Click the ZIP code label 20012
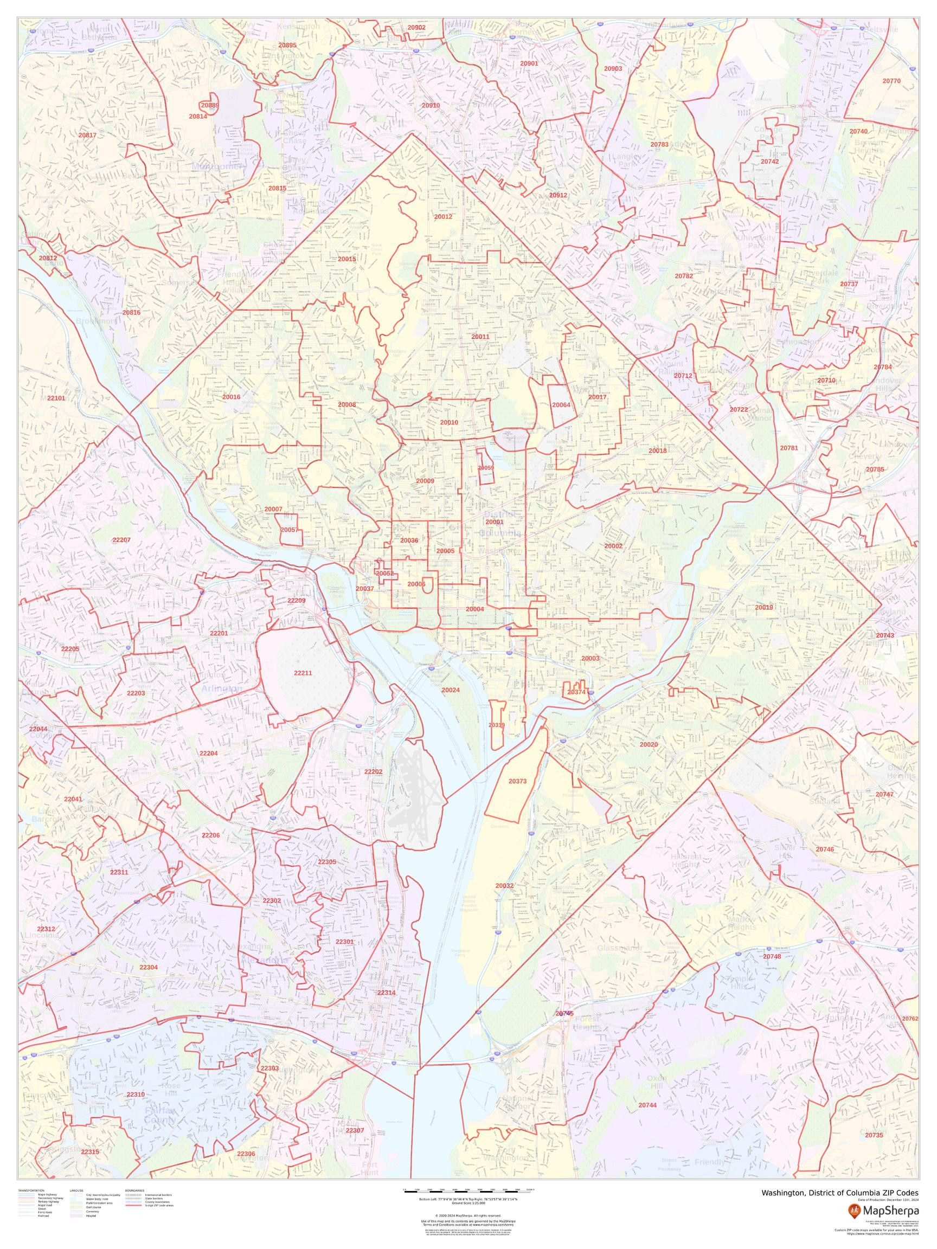click(x=443, y=216)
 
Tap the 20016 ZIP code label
click(x=231, y=397)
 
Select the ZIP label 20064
click(x=561, y=405)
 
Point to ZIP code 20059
click(x=486, y=468)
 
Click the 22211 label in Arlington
click(x=303, y=673)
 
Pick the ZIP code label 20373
click(x=517, y=782)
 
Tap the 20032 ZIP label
click(x=504, y=886)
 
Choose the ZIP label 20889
click(x=209, y=106)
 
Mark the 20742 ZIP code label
click(x=770, y=162)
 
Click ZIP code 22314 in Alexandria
click(x=386, y=1008)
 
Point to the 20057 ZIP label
click(x=289, y=530)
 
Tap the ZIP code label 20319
click(x=497, y=725)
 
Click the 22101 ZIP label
click(x=56, y=398)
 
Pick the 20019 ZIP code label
click(x=763, y=608)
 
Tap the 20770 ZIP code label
click(x=891, y=81)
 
